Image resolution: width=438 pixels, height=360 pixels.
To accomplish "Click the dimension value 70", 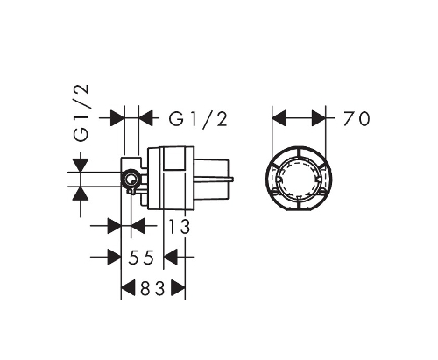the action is (357, 119).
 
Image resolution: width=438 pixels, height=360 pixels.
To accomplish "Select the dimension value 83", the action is (152, 289).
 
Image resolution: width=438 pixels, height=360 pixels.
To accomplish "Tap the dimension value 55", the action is (141, 258).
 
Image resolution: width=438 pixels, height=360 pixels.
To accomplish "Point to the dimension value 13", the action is (180, 227).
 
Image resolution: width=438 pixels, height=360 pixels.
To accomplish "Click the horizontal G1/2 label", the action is (198, 119).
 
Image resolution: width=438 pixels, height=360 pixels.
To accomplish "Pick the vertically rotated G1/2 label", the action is (81, 113).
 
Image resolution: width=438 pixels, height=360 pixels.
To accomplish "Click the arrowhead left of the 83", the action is (128, 289).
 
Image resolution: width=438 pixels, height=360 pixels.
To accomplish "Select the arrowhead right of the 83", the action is (178, 289).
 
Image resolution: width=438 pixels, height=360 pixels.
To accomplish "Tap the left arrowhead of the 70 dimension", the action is (279, 118).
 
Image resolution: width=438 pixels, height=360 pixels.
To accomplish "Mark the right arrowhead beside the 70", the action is (319, 118).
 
